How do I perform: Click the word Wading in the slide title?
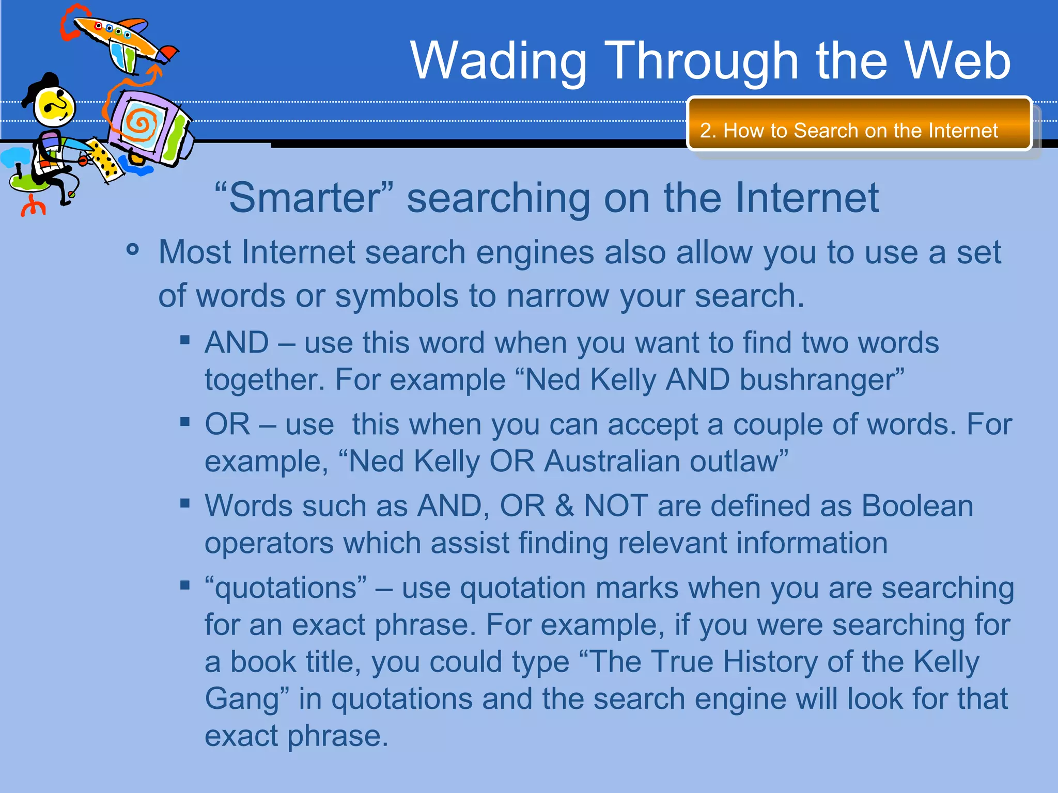tap(499, 62)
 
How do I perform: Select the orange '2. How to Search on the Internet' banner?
tap(859, 124)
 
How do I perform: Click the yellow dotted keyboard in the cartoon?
tap(106, 160)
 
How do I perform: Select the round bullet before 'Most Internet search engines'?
tap(133, 250)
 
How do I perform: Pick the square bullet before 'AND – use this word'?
tap(185, 340)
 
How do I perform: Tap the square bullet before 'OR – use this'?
tap(185, 422)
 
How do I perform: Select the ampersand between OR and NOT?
tap(564, 506)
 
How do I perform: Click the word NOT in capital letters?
tap(615, 506)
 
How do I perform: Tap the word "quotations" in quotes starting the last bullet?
tap(286, 588)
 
